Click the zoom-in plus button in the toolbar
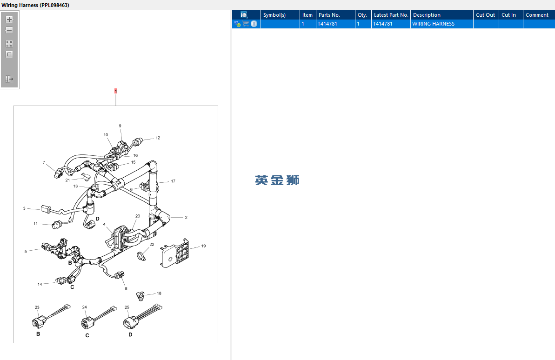(10, 20)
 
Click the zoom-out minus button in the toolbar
(9, 30)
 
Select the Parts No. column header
(329, 15)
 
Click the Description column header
(427, 15)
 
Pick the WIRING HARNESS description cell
(433, 24)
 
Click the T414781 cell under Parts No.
(328, 24)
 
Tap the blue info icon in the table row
(254, 24)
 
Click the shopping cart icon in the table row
(246, 24)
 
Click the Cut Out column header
(485, 15)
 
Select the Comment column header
(537, 15)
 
